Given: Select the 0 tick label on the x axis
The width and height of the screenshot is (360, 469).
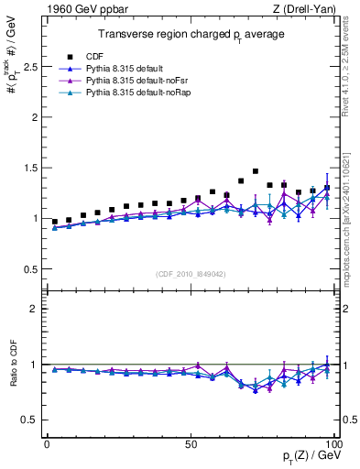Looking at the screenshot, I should pyautogui.click(x=47, y=443).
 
